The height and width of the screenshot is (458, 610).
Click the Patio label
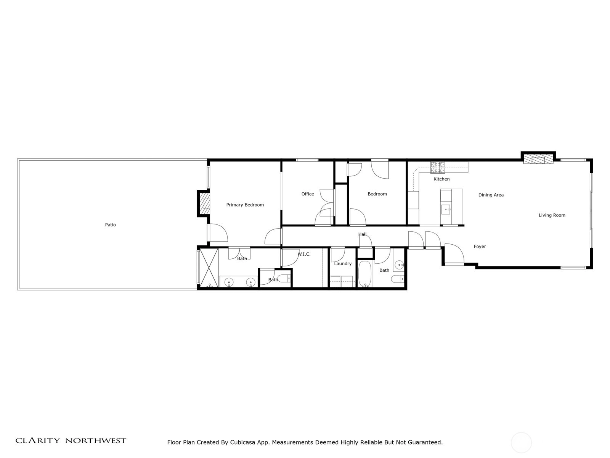tap(110, 225)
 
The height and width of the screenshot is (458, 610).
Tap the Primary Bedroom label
tap(245, 205)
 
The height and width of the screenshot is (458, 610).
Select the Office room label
tap(308, 194)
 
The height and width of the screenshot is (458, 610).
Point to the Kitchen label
tap(441, 179)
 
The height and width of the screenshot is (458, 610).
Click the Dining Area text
tap(491, 195)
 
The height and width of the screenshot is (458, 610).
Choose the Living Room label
tap(552, 215)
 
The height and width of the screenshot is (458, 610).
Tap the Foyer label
tap(480, 247)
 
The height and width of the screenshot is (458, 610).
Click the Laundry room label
tap(343, 264)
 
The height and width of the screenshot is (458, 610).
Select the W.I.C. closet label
tap(304, 254)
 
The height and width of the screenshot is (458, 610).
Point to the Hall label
tap(362, 234)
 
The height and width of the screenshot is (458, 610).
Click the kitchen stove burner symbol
tap(437, 168)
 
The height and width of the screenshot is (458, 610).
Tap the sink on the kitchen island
tap(446, 209)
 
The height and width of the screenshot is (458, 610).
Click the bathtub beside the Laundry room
tap(365, 274)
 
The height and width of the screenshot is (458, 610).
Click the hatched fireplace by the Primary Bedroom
tap(205, 203)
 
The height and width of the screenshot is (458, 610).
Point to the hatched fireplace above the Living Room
tap(538, 160)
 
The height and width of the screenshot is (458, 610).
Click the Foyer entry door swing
tap(454, 253)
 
